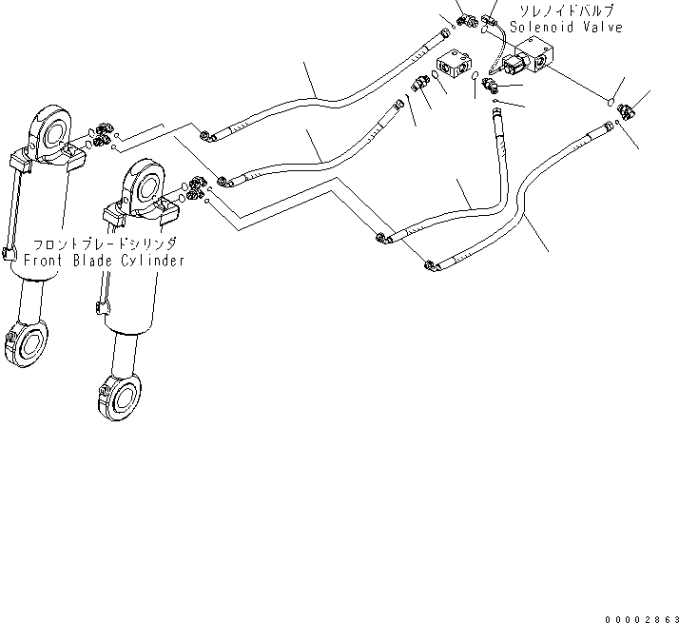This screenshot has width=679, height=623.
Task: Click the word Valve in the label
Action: (601, 28)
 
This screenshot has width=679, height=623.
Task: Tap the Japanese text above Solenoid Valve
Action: (568, 11)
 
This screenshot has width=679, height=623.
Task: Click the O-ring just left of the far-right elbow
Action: (610, 99)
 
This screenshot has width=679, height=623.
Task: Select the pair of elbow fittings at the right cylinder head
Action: (198, 186)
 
